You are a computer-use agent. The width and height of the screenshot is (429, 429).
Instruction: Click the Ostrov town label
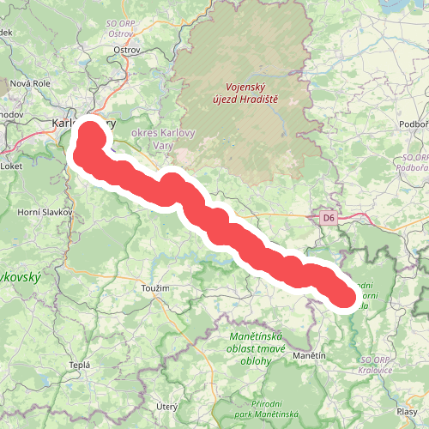coord(127,50)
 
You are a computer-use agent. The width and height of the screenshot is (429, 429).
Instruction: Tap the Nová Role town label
coord(32,83)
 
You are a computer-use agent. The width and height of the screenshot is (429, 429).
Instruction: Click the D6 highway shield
coord(328,219)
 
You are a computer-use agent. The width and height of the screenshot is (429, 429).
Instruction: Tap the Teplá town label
coord(79,365)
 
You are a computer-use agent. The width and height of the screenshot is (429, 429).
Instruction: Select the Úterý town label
coord(166,405)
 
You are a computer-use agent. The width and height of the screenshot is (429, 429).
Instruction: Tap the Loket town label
coord(12,166)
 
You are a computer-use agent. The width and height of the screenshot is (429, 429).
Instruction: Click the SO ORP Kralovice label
coord(377,365)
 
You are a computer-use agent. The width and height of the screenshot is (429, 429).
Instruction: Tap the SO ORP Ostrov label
coord(126,27)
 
